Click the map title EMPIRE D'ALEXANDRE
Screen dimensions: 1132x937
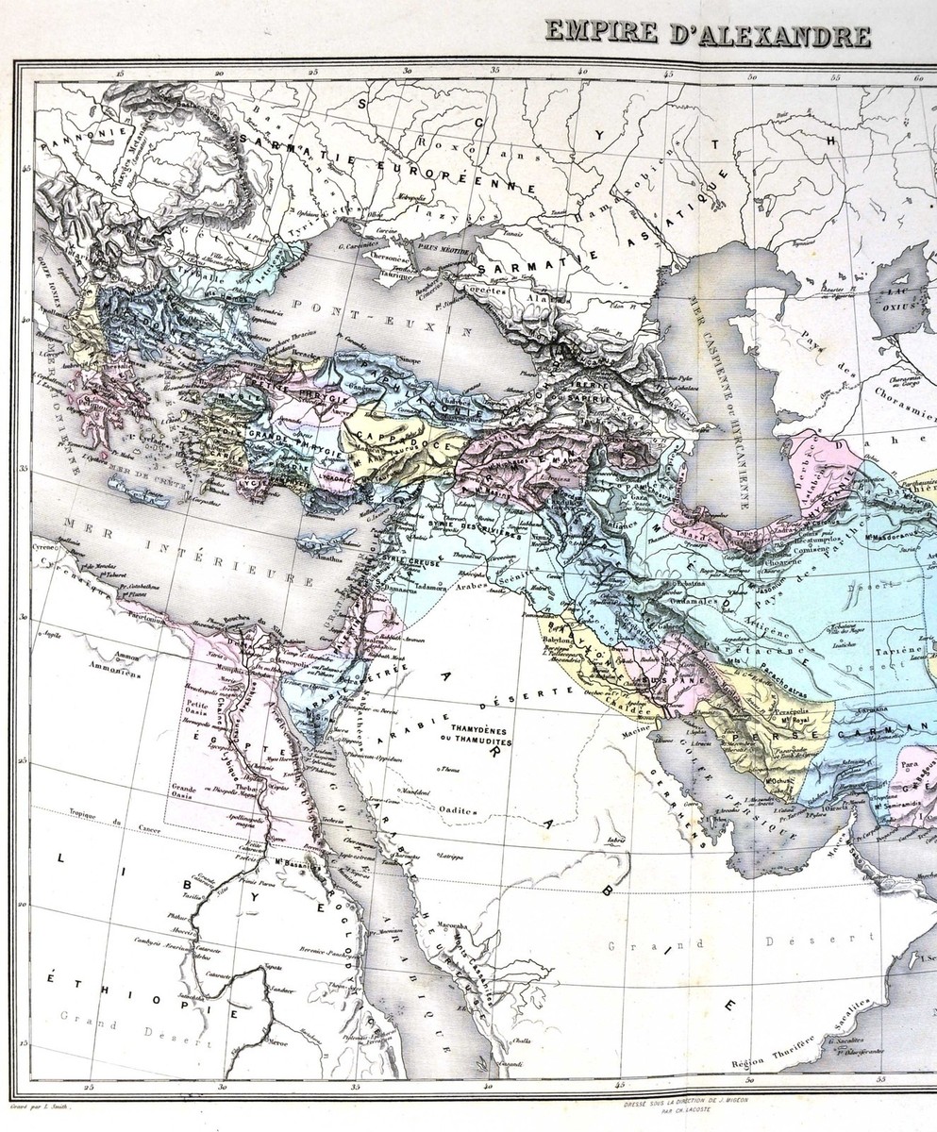tap(707, 36)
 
